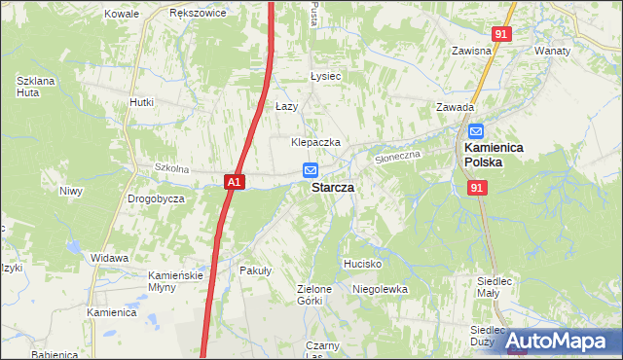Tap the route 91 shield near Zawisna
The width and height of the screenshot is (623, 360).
click(x=501, y=34)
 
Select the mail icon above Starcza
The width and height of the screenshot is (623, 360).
click(x=310, y=170)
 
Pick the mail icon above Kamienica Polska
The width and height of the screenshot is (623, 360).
click(x=476, y=131)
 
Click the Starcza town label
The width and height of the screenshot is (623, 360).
click(x=332, y=187)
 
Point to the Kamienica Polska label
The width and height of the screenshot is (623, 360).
click(x=494, y=155)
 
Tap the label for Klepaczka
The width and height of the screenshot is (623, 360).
click(x=315, y=142)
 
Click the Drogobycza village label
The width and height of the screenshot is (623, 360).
click(x=156, y=198)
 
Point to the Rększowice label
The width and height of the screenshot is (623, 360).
click(x=198, y=14)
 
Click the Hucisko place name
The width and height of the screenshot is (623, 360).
click(x=362, y=264)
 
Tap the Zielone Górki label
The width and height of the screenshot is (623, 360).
click(x=315, y=295)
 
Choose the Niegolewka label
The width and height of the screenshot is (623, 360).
click(x=380, y=289)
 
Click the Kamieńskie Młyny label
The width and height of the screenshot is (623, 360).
click(x=175, y=281)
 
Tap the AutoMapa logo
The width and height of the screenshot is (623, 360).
click(x=556, y=342)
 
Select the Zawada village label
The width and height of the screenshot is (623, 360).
click(x=455, y=108)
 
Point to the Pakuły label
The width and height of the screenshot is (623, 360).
click(x=255, y=271)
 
